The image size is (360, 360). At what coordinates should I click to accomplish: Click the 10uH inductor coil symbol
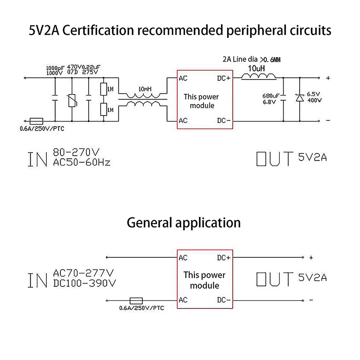(x=259, y=77)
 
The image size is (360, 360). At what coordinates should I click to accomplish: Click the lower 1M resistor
(x=104, y=110)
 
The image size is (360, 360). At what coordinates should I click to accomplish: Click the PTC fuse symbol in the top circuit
(x=36, y=121)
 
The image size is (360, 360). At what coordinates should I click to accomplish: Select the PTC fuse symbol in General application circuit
(x=136, y=300)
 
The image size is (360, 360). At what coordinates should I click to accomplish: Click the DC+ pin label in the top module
(x=224, y=78)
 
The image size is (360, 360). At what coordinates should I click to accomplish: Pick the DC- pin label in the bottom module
(x=224, y=300)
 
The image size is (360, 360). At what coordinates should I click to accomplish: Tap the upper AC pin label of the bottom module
(x=183, y=258)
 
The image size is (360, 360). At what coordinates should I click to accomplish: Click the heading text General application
(x=184, y=222)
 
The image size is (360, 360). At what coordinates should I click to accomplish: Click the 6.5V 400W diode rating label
(x=314, y=97)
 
